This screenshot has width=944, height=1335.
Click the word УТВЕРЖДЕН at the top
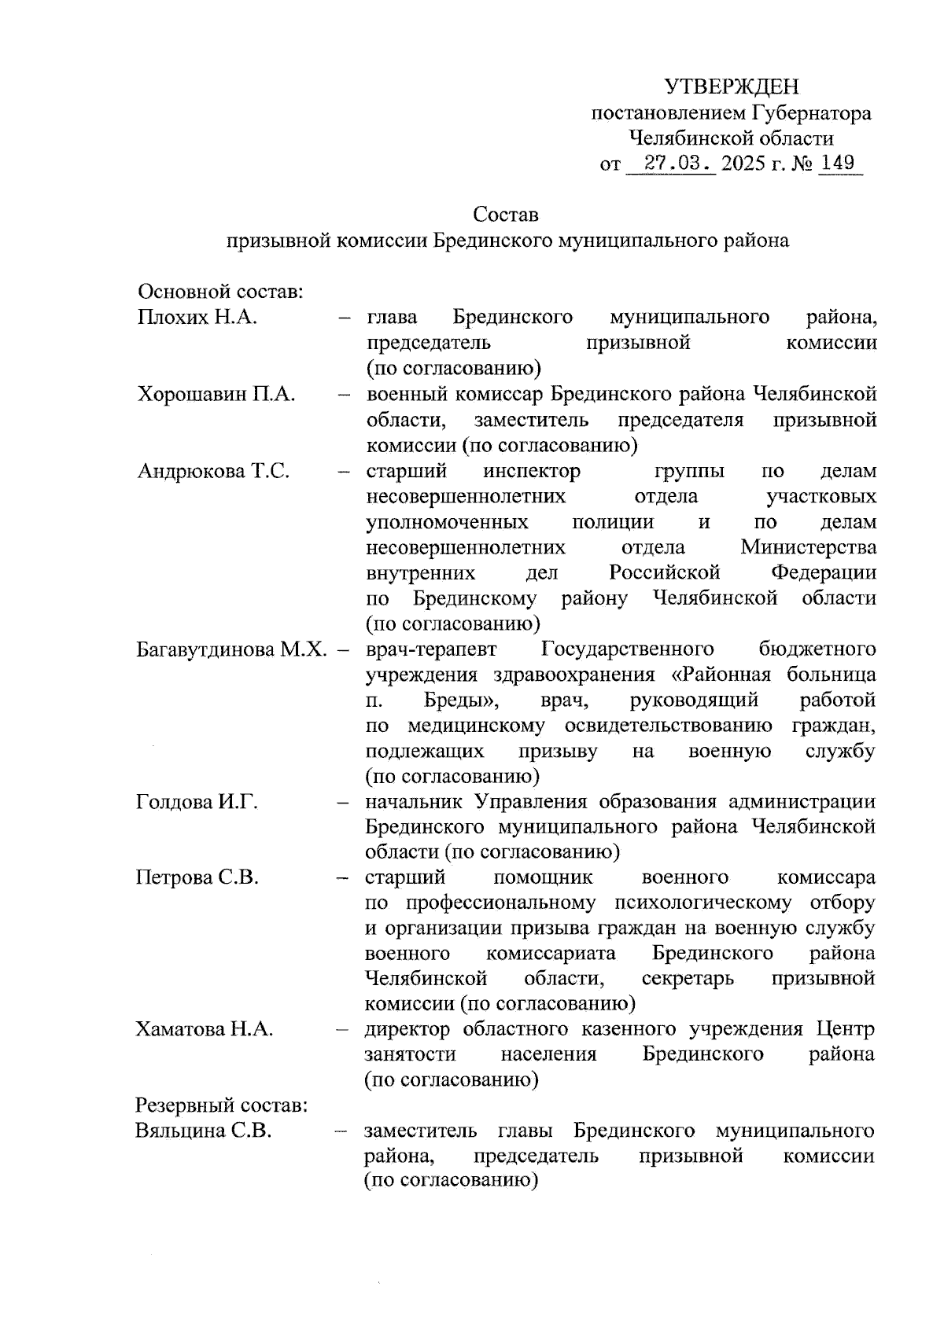(732, 86)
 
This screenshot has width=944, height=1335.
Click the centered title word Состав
(506, 214)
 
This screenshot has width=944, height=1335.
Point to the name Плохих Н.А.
(198, 318)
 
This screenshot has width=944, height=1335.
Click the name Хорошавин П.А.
(216, 395)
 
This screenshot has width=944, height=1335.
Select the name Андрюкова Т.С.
(214, 472)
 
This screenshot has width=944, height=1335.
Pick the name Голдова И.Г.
(197, 802)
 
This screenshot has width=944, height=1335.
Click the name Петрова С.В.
(197, 877)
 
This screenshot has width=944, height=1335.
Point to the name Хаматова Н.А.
(205, 1029)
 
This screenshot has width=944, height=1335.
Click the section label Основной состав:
(221, 292)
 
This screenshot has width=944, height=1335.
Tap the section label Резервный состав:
(221, 1105)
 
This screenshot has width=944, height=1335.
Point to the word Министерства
(808, 547)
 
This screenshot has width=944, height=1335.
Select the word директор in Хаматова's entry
(407, 1029)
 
